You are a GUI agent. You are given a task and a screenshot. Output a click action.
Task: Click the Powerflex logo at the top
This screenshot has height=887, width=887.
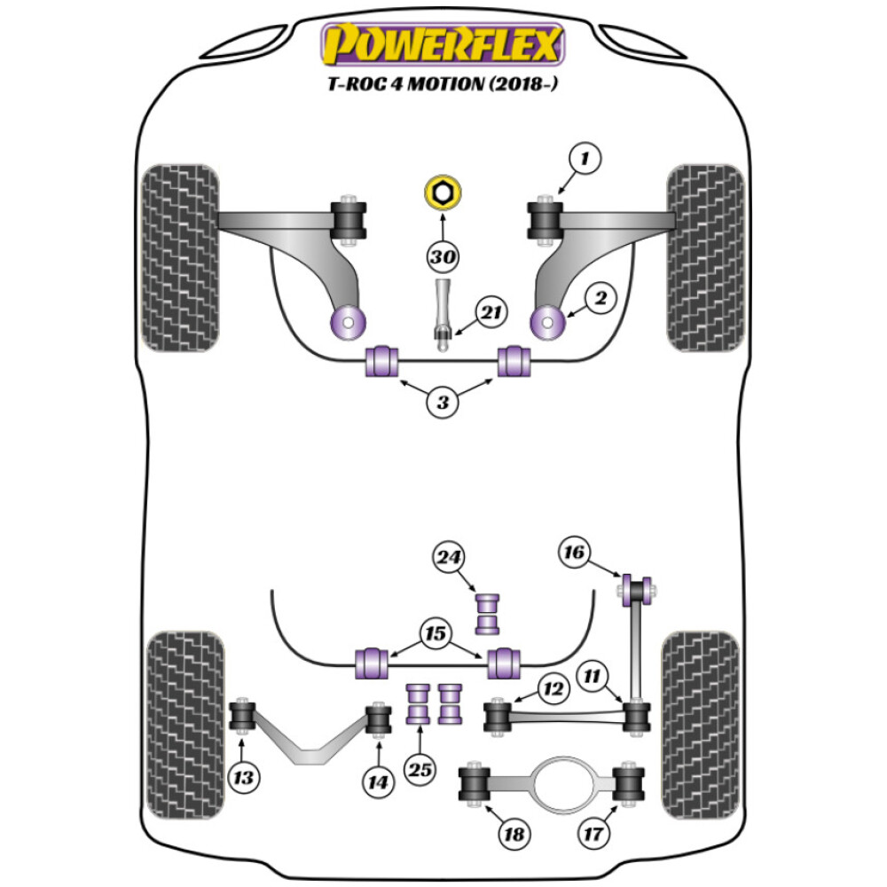pos(443,44)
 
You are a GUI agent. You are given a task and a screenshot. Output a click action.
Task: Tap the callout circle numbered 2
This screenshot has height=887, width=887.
pos(600,300)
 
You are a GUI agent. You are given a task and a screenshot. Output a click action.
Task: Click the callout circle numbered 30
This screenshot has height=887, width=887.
pos(443,258)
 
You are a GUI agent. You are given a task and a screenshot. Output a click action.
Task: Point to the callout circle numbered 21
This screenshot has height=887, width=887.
pos(491,312)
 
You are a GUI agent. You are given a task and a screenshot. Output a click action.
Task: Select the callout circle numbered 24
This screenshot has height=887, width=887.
pos(449,558)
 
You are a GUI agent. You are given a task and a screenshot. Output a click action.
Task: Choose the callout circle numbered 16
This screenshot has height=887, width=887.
pos(575,553)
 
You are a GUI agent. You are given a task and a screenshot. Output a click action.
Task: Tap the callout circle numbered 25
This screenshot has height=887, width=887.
pos(420,770)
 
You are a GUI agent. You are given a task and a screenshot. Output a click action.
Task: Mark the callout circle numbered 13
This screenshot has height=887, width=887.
pos(243,779)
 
